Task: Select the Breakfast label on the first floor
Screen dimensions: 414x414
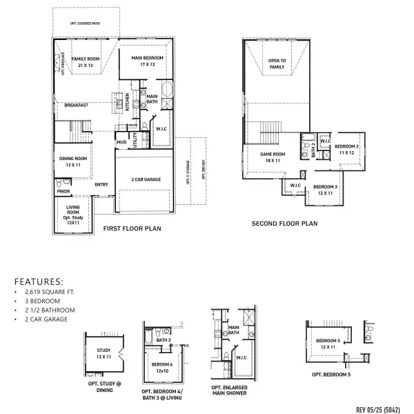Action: point(77,105)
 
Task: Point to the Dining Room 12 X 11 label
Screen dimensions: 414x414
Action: point(72,161)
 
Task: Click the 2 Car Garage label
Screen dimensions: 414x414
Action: point(146,179)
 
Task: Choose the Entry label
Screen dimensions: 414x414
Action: point(101,184)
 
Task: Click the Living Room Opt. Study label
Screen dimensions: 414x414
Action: point(73,216)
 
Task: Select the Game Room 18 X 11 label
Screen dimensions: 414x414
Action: point(273,157)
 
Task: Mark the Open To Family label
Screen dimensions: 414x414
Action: point(277,64)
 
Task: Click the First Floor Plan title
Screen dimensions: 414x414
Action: point(132,228)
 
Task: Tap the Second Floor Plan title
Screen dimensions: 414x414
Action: point(284,223)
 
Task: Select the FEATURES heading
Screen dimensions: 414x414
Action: point(38,282)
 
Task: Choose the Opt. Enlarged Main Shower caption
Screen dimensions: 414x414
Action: point(230,391)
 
